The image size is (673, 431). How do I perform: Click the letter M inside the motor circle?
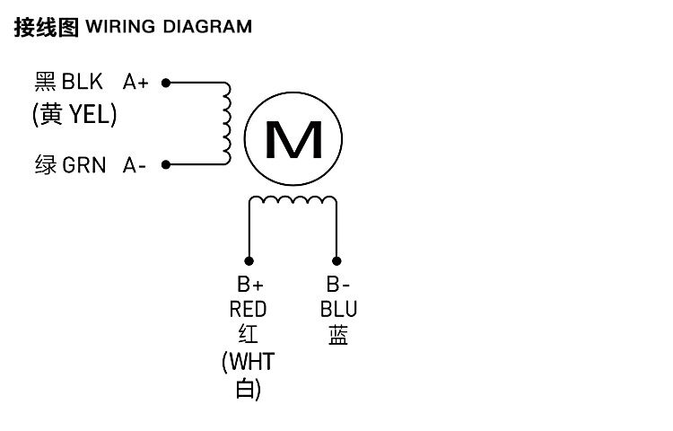pyautogui.click(x=294, y=139)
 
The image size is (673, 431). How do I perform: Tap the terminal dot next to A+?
pyautogui.click(x=165, y=83)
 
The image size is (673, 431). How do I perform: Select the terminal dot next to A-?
pyautogui.click(x=165, y=164)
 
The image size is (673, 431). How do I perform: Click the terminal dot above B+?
pyautogui.click(x=250, y=257)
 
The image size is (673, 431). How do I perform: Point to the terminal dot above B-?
pyautogui.click(x=336, y=257)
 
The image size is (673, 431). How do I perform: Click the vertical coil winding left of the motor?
pyautogui.click(x=226, y=124)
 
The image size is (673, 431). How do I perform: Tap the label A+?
pyautogui.click(x=135, y=83)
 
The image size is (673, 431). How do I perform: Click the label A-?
pyautogui.click(x=135, y=165)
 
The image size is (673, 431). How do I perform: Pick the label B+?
pyautogui.click(x=249, y=285)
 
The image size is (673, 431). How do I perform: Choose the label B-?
pyautogui.click(x=337, y=285)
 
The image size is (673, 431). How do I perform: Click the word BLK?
pyautogui.click(x=83, y=83)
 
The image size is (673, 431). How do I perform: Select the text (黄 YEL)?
pyautogui.click(x=75, y=115)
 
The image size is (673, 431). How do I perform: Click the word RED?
pyautogui.click(x=249, y=310)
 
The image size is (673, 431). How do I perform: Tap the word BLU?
pyautogui.click(x=338, y=310)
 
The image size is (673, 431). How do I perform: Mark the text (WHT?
pyautogui.click(x=248, y=362)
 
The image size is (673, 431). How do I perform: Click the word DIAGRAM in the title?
pyautogui.click(x=206, y=26)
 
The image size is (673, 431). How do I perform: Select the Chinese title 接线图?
pyautogui.click(x=47, y=26)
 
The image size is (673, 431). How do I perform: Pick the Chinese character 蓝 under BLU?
pyautogui.click(x=338, y=336)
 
